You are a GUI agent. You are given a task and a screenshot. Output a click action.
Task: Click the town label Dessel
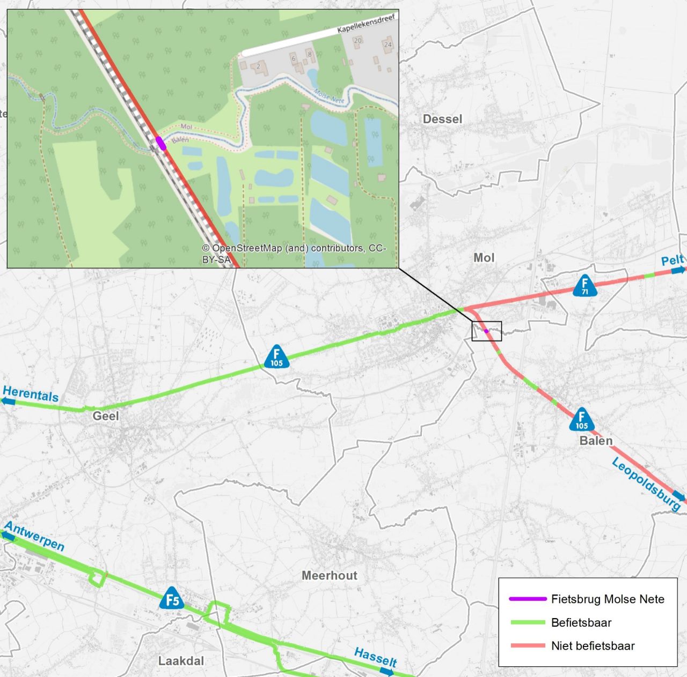[x=442, y=119]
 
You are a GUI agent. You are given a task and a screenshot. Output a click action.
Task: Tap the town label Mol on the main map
[x=484, y=258]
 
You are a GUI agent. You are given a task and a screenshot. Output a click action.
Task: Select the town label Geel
[x=106, y=416]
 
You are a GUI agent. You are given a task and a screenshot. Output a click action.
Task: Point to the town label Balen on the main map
[x=596, y=441]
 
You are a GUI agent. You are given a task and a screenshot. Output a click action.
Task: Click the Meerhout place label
[x=329, y=576]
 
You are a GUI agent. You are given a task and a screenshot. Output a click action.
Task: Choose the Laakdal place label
[x=181, y=661]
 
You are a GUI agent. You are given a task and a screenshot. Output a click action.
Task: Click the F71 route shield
[x=585, y=286]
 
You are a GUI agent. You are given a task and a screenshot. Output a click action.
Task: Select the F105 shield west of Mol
[x=276, y=357]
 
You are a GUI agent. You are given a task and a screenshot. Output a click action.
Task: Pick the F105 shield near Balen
[x=582, y=420]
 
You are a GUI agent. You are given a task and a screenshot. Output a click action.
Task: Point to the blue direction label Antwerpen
[x=34, y=535]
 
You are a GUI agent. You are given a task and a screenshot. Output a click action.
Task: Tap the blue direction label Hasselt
[x=375, y=657]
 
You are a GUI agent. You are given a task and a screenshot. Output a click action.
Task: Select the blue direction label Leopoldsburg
[x=646, y=484]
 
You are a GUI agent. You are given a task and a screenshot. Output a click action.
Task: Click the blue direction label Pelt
[x=672, y=261]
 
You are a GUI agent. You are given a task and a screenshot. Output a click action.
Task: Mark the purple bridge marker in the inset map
[x=160, y=143]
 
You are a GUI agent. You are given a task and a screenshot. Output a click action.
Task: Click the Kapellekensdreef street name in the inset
[x=367, y=24]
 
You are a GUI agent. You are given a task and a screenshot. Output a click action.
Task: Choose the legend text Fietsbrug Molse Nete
[x=608, y=599]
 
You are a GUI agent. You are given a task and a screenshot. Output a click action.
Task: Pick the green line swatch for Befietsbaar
[x=528, y=622]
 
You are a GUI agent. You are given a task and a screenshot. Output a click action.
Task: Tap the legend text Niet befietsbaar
[x=593, y=646]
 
